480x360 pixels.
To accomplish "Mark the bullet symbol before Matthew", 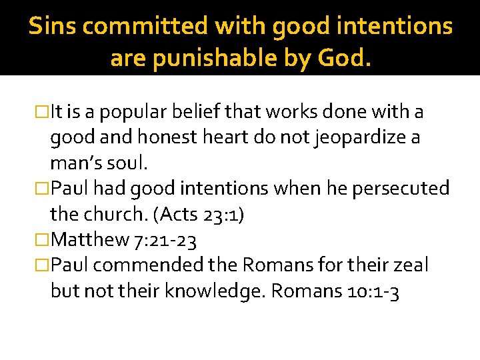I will coord(43,239).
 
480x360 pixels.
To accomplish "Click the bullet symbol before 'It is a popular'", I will coord(43,113).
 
